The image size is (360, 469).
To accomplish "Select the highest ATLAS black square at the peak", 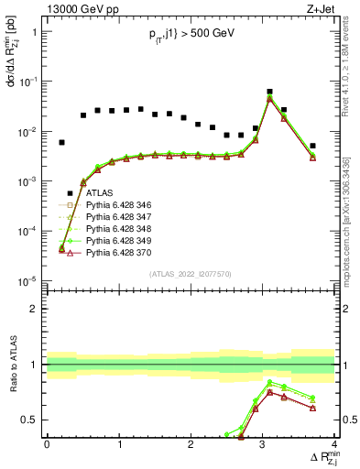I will tap(269, 92).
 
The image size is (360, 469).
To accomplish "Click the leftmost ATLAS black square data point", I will tap(61, 142).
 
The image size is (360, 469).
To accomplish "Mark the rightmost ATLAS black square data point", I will tap(312, 146).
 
